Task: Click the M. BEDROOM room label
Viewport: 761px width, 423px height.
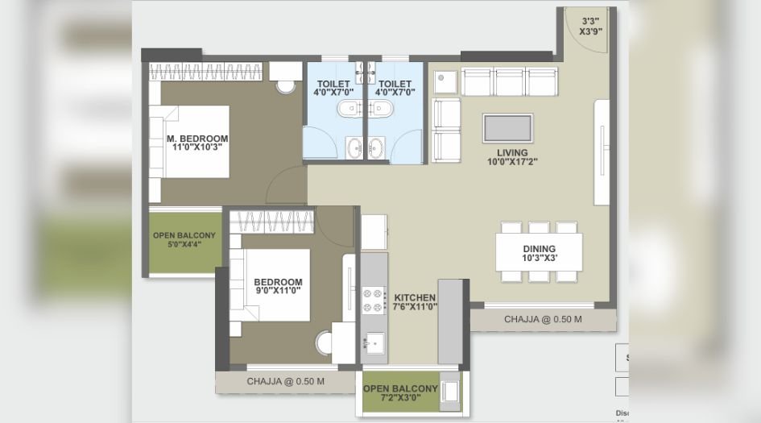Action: pos(197,138)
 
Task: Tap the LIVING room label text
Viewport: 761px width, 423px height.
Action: pos(512,152)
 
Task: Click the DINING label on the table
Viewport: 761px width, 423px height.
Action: pos(539,247)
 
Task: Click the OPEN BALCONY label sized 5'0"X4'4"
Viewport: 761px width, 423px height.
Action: pos(184,235)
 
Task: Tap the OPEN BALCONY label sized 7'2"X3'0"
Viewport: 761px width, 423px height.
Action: pos(400,388)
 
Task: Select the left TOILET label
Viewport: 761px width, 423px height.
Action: pos(333,84)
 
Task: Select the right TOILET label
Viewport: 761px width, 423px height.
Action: pos(395,84)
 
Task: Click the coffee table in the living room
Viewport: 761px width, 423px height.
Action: pos(507,128)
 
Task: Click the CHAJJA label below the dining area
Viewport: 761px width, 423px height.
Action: pos(543,320)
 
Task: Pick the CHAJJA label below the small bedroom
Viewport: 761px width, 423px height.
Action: pos(285,381)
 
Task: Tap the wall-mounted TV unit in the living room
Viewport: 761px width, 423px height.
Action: pos(601,152)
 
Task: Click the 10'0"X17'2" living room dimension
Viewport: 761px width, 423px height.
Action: pos(512,162)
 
